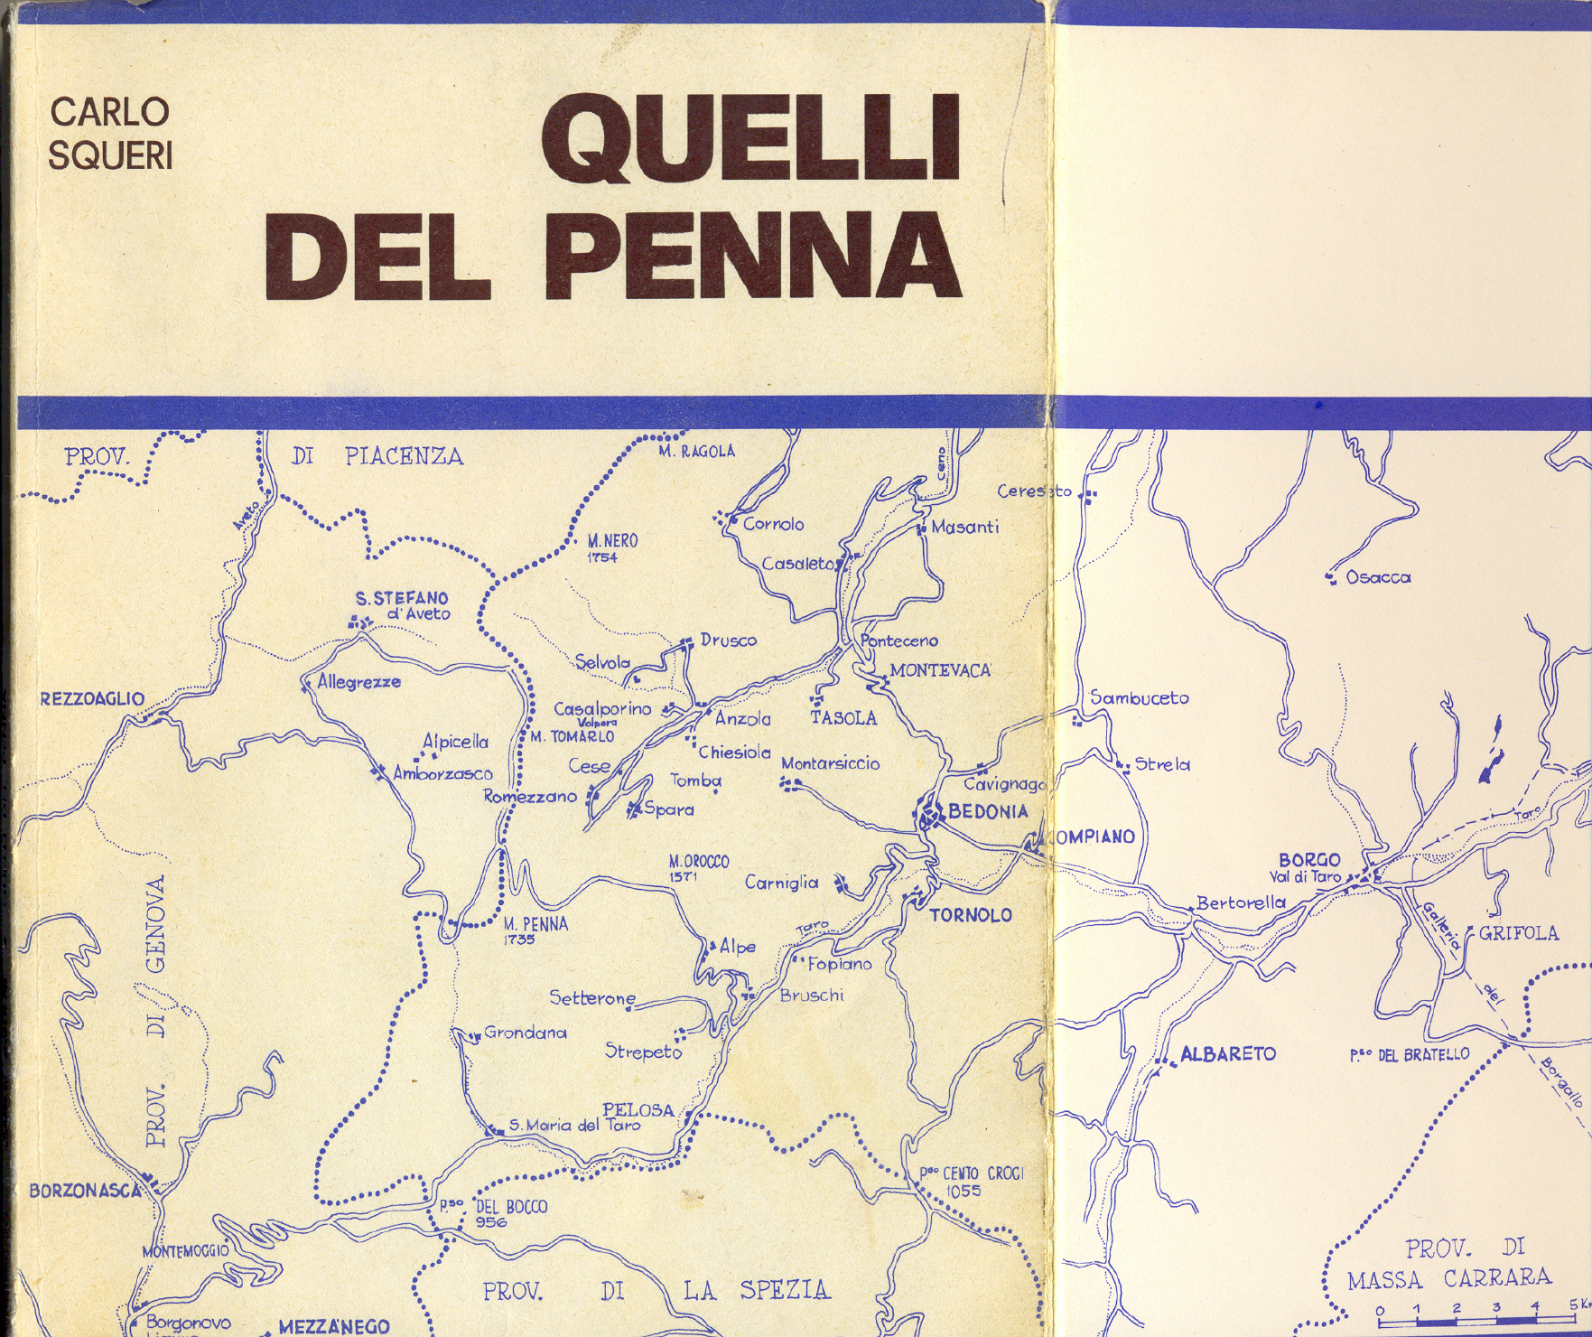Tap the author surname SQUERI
(x=109, y=155)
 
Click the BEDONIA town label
(x=988, y=811)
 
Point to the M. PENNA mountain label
(x=535, y=924)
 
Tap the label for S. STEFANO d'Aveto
(x=403, y=605)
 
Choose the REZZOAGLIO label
(x=92, y=698)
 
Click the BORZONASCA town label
(x=85, y=1191)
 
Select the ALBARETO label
(x=1228, y=1054)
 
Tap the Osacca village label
(x=1378, y=577)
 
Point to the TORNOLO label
(x=971, y=915)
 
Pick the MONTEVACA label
(x=940, y=670)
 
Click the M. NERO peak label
(x=612, y=541)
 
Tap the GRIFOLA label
(x=1518, y=933)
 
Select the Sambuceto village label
(x=1140, y=697)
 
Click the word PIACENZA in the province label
(x=404, y=456)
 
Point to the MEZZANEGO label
(x=334, y=1327)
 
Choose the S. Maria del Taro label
(x=574, y=1126)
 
